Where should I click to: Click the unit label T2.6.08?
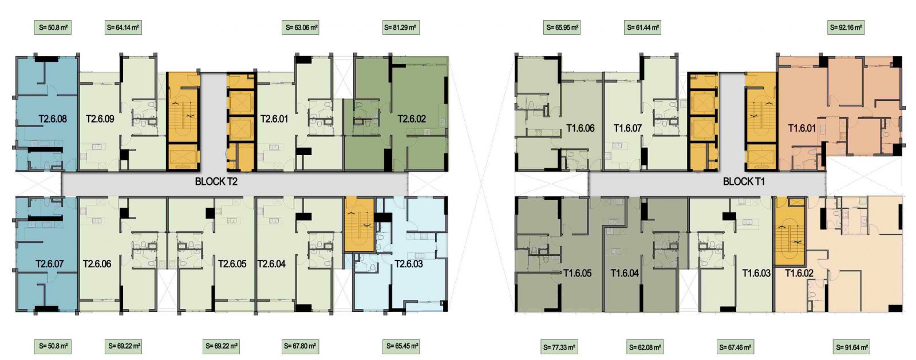click(53, 119)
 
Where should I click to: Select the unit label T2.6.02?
click(412, 119)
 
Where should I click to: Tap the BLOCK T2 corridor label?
click(216, 181)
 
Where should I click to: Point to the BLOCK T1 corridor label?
click(744, 181)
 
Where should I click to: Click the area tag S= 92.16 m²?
click(846, 28)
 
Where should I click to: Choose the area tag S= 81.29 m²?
click(400, 28)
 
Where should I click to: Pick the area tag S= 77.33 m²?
click(559, 347)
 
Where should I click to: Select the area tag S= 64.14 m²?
click(123, 28)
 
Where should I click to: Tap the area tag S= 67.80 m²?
click(300, 346)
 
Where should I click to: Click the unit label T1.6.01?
click(802, 128)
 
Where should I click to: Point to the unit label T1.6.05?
click(578, 274)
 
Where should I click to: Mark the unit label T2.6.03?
click(409, 264)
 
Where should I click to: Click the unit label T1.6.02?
click(799, 274)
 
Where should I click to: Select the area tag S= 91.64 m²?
click(852, 347)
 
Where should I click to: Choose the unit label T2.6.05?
click(232, 264)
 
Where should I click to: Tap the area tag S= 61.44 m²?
click(643, 28)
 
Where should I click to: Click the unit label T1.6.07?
click(627, 128)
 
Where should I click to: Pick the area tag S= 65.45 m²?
click(402, 346)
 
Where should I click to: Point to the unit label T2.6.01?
click(274, 119)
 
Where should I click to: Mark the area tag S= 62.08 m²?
click(645, 347)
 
